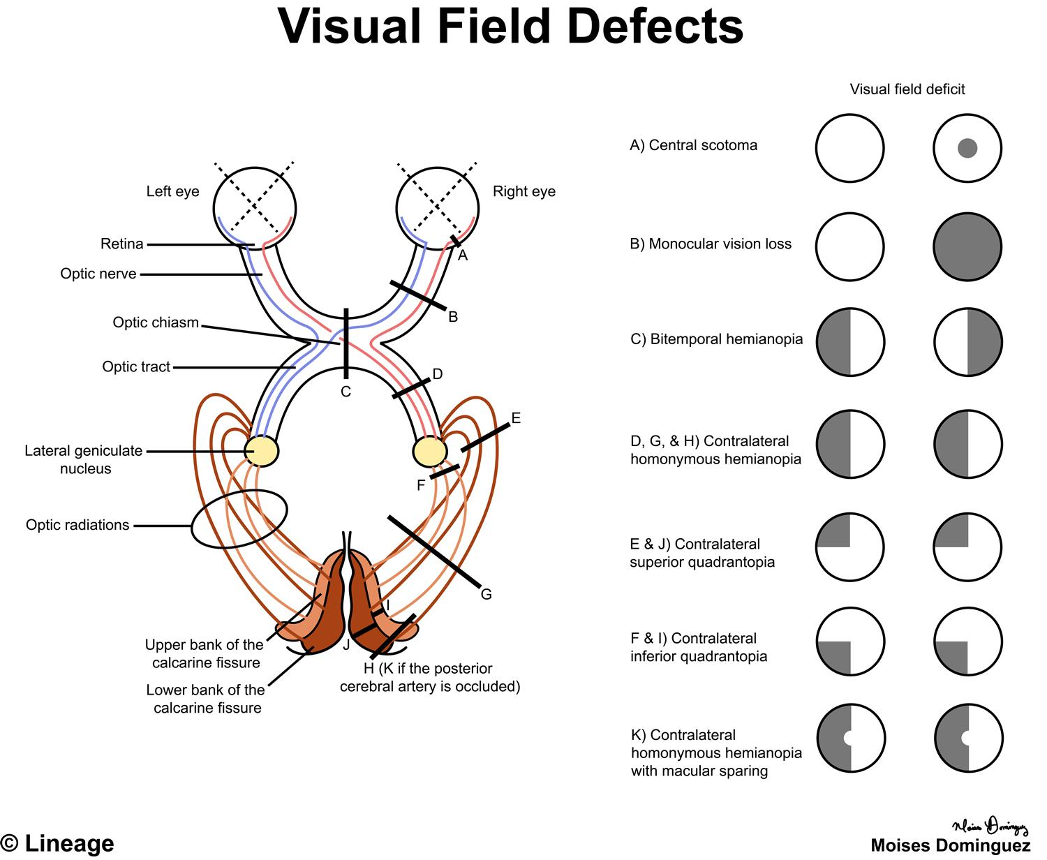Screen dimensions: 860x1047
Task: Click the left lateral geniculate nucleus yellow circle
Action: pos(262,451)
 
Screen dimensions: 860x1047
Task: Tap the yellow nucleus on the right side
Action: pos(429,451)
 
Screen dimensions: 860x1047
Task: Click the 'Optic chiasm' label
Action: pos(156,322)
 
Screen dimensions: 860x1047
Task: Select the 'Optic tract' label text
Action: pos(136,366)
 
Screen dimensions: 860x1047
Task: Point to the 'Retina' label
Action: pos(122,244)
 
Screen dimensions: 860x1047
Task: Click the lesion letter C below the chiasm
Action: pos(346,392)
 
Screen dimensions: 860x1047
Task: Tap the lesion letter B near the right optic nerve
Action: pos(453,317)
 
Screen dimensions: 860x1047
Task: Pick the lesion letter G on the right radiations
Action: pos(486,595)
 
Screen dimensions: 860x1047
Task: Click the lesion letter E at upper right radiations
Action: pos(516,418)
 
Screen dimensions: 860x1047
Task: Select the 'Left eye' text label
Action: pos(172,191)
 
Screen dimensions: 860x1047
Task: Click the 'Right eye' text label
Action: pos(524,191)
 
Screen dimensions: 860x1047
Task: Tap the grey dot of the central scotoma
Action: pos(967,148)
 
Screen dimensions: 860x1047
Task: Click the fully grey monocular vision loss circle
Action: pos(967,247)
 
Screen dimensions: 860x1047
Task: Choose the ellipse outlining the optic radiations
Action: pos(239,519)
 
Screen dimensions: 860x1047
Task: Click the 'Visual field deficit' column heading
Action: pos(907,89)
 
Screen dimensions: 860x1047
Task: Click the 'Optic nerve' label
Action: pos(98,274)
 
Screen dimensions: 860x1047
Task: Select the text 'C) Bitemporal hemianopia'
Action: pos(716,339)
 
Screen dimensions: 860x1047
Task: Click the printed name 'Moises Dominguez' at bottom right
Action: pos(951,845)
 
